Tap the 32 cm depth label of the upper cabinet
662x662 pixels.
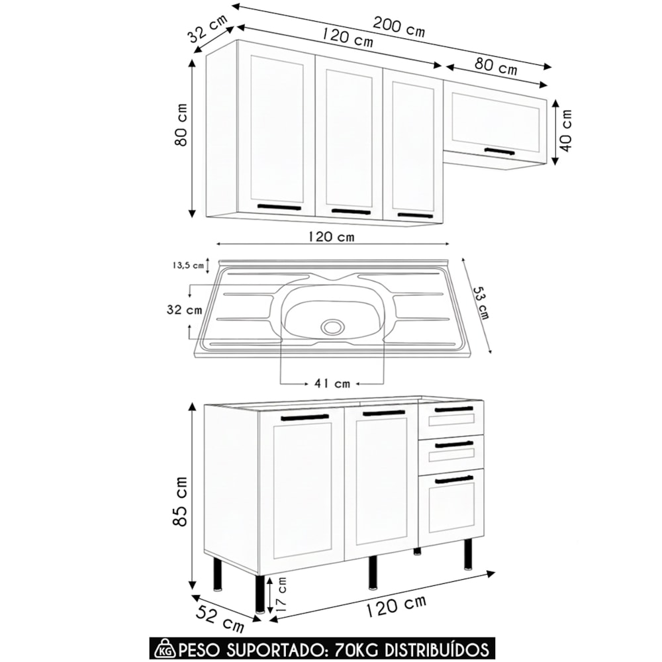(x=208, y=28)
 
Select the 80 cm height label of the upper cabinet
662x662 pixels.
(x=181, y=124)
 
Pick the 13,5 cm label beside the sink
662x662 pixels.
(x=188, y=265)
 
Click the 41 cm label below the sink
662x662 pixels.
(x=332, y=383)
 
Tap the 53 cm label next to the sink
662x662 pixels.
(x=481, y=303)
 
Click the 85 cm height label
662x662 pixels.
(x=180, y=501)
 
